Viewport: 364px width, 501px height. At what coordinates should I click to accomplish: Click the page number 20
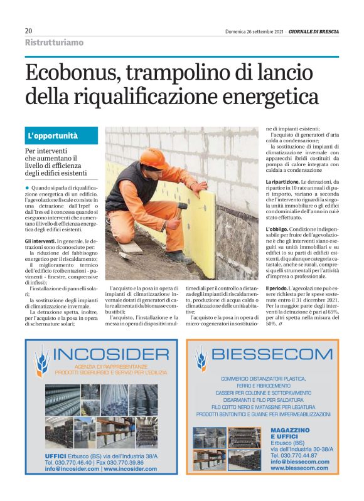(x=28, y=31)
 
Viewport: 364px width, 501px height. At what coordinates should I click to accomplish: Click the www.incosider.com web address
(x=130, y=468)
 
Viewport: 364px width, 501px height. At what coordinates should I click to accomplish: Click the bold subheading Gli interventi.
(x=40, y=241)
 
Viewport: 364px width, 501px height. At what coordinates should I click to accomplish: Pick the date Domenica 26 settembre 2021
(x=255, y=31)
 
